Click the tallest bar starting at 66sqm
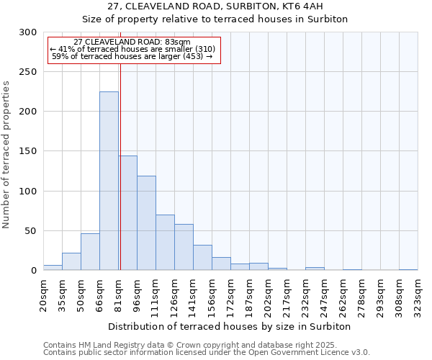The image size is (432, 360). (109, 181)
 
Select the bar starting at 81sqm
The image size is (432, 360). (127, 213)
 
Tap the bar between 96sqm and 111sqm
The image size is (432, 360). (146, 223)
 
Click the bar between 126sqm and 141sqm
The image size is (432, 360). (184, 247)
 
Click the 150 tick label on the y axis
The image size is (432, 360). (28, 151)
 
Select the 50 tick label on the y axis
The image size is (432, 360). (31, 231)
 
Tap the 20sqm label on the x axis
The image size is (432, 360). (44, 295)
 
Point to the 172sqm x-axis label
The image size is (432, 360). (231, 295)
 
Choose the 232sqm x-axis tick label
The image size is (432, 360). (306, 295)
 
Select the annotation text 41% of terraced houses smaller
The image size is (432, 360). (132, 49)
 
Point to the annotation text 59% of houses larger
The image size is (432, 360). (132, 56)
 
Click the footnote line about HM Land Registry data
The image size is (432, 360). (201, 345)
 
